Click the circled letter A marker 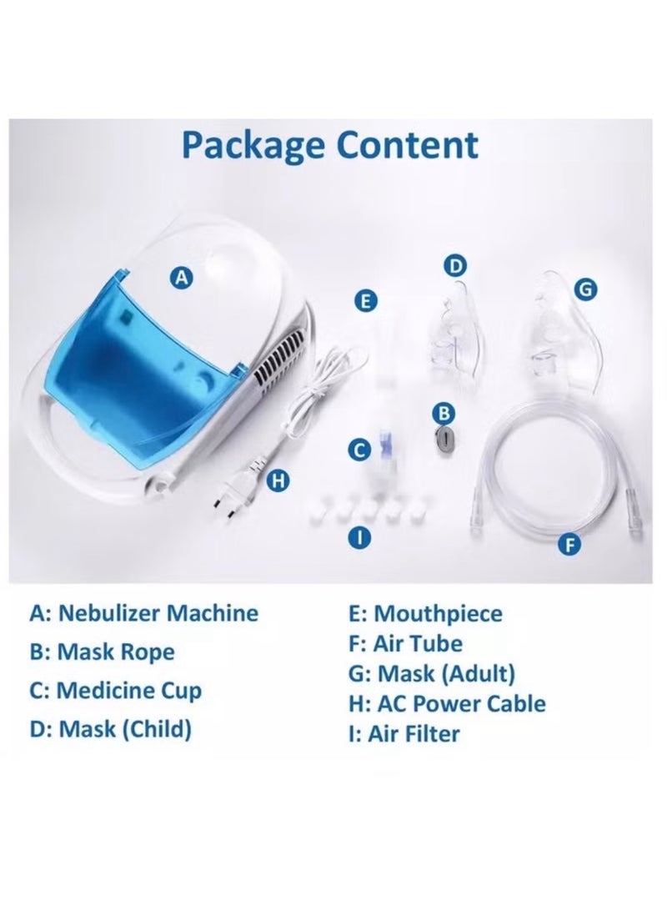182,278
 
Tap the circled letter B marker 444,413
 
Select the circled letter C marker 359,450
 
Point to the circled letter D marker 455,266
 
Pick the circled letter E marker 365,302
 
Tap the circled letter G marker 585,289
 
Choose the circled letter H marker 278,480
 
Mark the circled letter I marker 359,538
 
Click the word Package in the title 253,146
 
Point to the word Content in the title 408,144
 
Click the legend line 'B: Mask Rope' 102,651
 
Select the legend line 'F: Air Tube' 405,644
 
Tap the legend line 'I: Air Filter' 404,733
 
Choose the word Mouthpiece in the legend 438,614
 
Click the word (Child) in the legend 158,729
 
